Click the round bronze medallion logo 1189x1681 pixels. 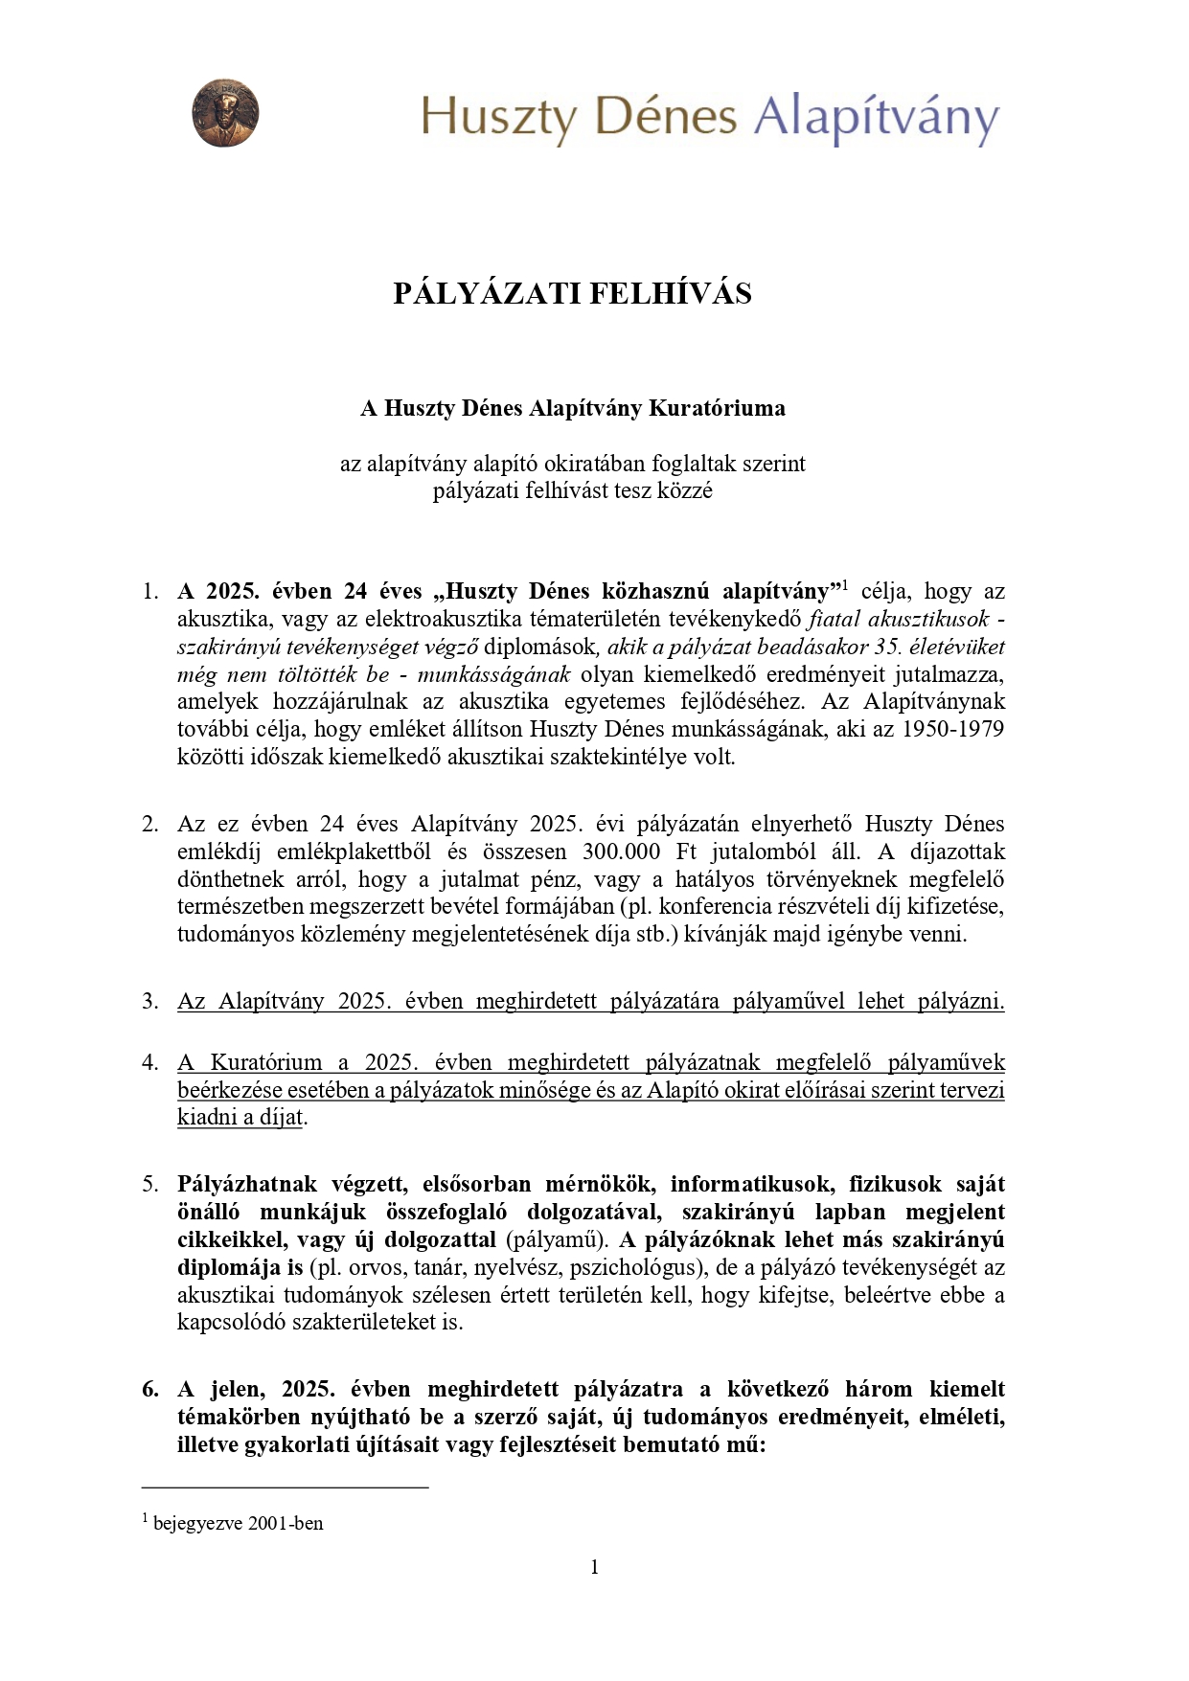point(225,113)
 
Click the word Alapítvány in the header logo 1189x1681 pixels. point(876,119)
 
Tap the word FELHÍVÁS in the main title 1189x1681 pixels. point(670,293)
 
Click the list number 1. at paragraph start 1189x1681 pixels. point(149,591)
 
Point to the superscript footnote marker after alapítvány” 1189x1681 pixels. point(845,584)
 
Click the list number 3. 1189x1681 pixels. point(149,1001)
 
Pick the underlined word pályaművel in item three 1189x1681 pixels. point(788,1001)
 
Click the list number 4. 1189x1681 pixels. point(149,1062)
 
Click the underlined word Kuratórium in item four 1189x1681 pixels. point(266,1062)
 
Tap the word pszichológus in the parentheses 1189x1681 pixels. point(630,1267)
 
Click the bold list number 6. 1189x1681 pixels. point(150,1389)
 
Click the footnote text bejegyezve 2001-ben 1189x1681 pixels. point(238,1523)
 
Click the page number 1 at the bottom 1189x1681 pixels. point(594,1567)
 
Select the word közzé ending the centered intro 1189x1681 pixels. point(684,490)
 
